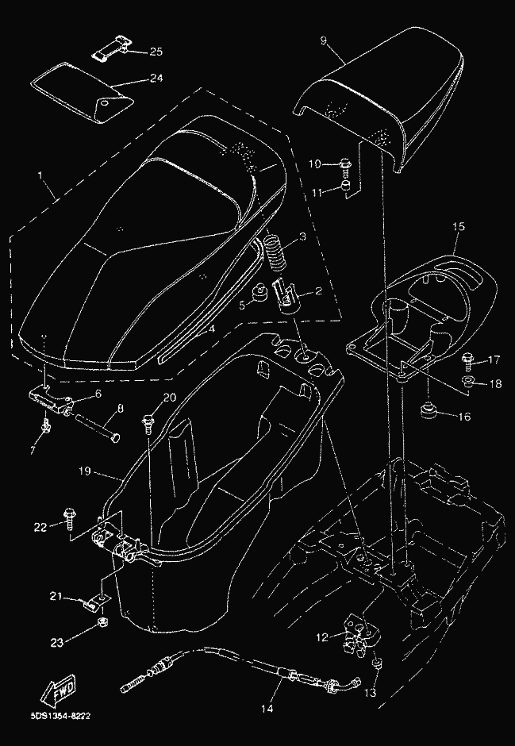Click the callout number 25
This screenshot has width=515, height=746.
(156, 52)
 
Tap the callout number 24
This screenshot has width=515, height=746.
(156, 79)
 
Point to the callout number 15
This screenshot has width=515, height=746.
(457, 227)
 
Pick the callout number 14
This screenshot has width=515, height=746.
(267, 709)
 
